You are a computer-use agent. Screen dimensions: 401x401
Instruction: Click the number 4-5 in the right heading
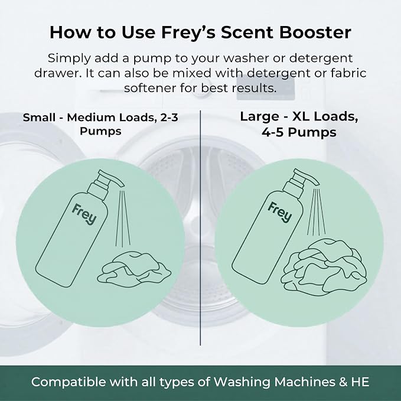[273, 132]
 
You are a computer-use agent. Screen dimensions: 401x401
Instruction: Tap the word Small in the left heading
[39, 118]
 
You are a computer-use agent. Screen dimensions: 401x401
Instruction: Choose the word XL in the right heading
[301, 116]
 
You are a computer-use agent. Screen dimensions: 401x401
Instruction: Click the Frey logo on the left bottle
[84, 214]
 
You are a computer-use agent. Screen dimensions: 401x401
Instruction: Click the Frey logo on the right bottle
[280, 212]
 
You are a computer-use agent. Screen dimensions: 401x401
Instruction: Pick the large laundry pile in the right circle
[324, 268]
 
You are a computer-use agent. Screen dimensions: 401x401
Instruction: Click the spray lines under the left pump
[122, 218]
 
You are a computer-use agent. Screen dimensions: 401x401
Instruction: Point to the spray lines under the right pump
[317, 212]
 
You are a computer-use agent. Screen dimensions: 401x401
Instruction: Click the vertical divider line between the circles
[200, 228]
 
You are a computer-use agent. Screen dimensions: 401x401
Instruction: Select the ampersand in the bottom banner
[343, 382]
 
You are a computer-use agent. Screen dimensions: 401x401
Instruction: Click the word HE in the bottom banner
[360, 382]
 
